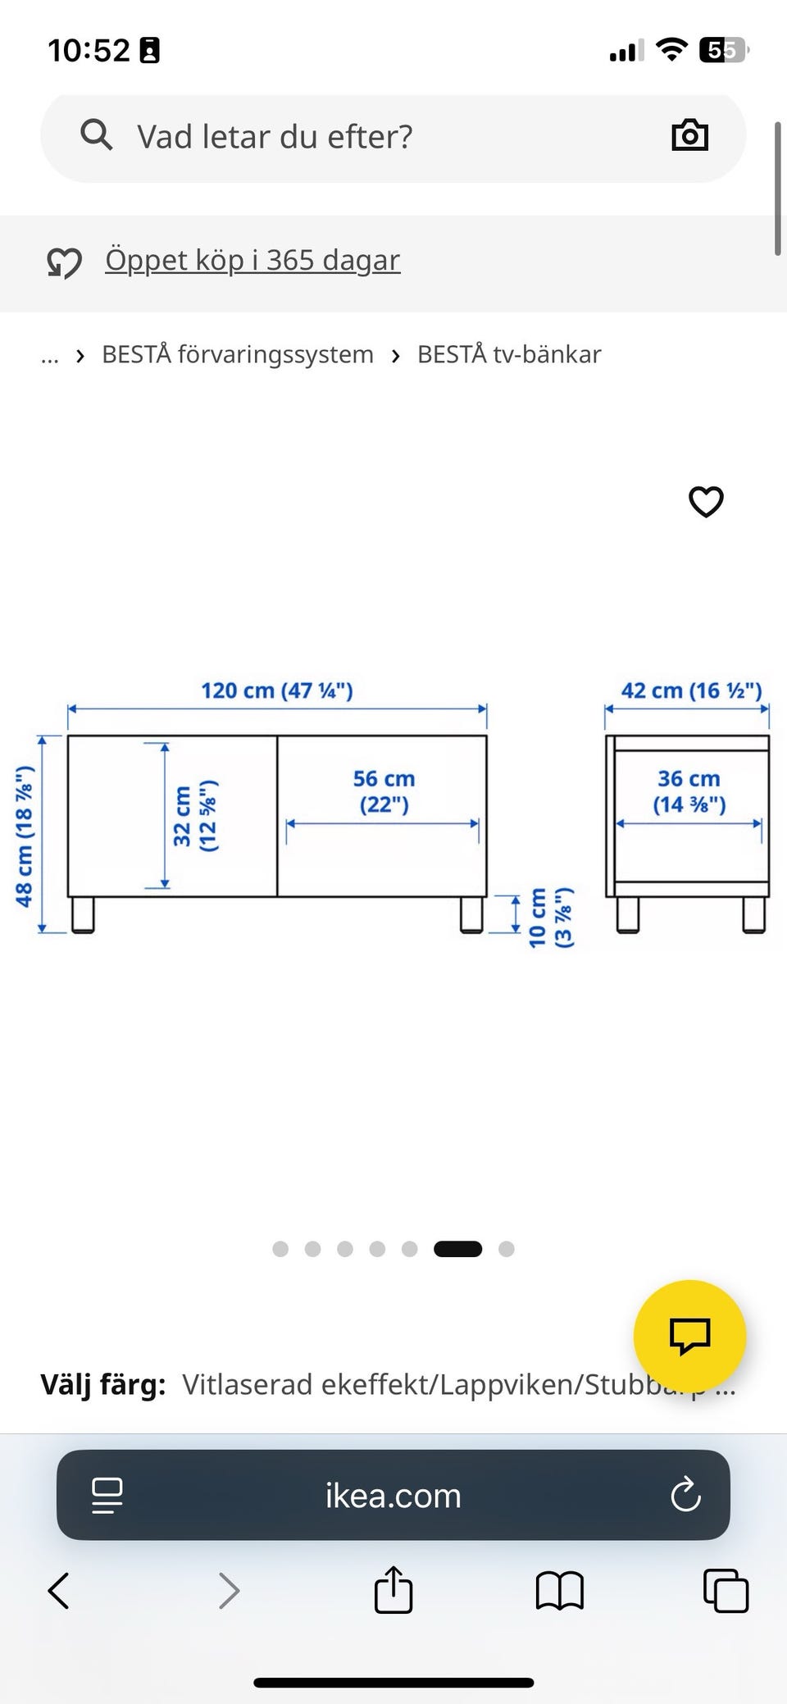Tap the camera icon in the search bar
click(689, 135)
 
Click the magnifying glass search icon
click(97, 134)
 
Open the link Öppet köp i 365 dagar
click(252, 260)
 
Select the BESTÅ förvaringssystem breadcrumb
click(238, 354)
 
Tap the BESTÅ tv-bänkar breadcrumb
click(509, 354)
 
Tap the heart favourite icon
click(706, 502)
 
